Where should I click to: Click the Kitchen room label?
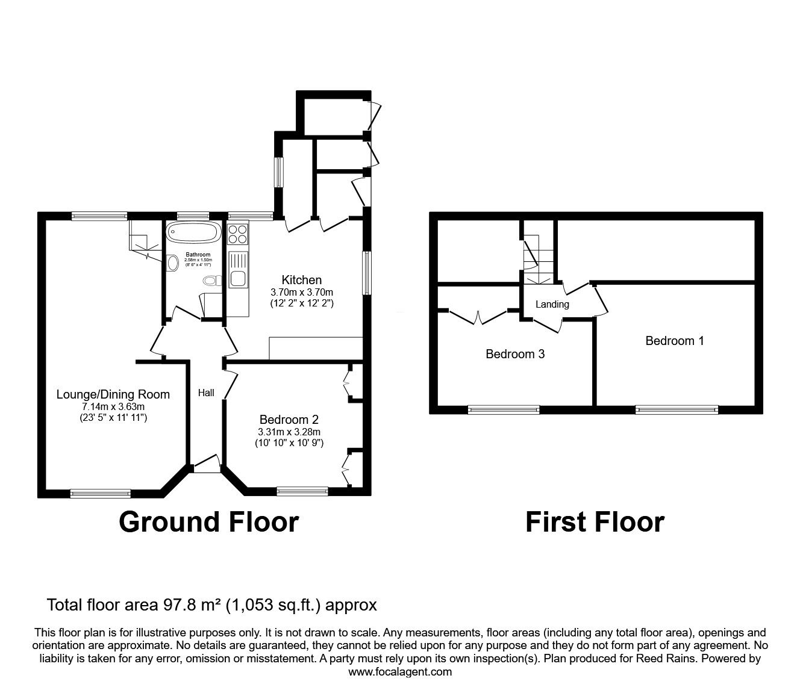point(301,280)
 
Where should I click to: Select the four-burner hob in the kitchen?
point(238,234)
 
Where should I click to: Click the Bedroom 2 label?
point(289,420)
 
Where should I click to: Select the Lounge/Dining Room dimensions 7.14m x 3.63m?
point(113,407)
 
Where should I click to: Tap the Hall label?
point(206,393)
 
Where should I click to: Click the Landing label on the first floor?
point(552,304)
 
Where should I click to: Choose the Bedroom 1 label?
point(674,341)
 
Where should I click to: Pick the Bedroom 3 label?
point(515,354)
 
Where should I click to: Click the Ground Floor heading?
point(208,521)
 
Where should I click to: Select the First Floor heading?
point(595,521)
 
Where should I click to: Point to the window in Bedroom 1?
point(677,410)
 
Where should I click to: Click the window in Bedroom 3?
point(504,410)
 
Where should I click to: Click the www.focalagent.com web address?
point(400,672)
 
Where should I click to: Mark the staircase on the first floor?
point(537,256)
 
